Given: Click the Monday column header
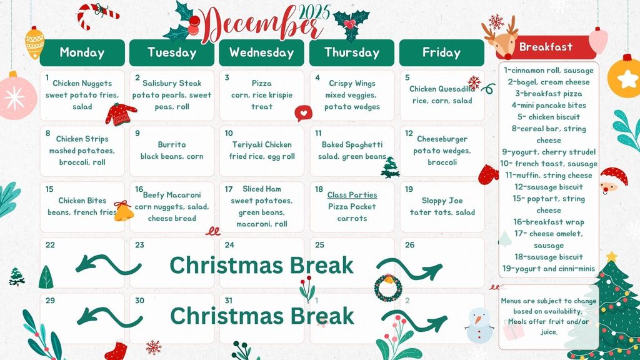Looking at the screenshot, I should pos(82,52).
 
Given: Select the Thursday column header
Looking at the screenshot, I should pos(352,52).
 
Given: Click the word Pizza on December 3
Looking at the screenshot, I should pos(262,83).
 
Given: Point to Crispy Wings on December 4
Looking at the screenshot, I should pos(352,83).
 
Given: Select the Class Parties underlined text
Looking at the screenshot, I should pos(352,195).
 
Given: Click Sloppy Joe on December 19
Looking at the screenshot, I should pos(442,201).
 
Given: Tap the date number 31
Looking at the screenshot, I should pos(229,301).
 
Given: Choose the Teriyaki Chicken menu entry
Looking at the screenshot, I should pos(262,144).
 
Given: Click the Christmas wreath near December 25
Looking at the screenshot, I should pos(387,286).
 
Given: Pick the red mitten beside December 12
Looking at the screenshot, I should pos(488,174).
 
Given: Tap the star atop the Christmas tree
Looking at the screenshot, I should pos(611,256).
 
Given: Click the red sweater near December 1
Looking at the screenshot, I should pos(121,114).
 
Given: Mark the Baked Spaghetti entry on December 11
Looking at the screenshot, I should pos(352,144).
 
